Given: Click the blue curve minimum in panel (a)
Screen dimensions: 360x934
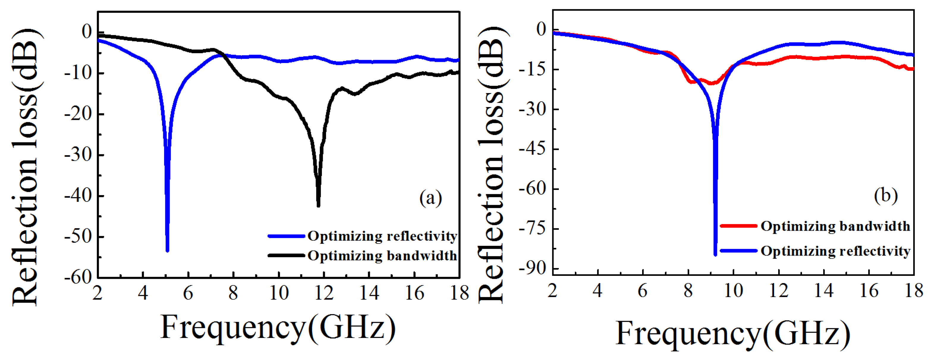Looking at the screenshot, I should coord(167,250).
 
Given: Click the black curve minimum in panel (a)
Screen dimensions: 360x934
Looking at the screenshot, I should coord(318,205).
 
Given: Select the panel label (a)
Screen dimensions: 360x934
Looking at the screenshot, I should coord(430,198).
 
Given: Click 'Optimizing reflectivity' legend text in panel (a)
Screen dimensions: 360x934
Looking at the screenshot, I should coord(382,236).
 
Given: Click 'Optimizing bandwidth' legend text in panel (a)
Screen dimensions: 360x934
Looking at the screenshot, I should coord(382,256).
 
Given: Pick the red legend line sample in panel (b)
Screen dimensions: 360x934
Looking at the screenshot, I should coord(738,226).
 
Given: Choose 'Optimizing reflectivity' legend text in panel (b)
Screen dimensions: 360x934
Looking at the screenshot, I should coord(835,251).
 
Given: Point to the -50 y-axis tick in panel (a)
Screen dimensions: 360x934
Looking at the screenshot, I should coord(99,237).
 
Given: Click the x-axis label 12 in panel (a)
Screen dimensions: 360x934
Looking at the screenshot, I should coord(324,293).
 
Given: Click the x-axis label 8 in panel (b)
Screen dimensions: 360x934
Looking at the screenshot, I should coord(688,291).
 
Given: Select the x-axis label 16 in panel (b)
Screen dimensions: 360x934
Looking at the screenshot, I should coord(869,291).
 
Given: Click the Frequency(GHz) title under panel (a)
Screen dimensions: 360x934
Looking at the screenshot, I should coord(278,328).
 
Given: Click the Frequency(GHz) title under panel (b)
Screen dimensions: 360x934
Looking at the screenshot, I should coord(732,334).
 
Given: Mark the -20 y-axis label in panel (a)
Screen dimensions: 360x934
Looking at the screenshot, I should coord(79,114).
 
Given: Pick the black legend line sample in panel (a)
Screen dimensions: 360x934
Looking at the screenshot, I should coord(286,256).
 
